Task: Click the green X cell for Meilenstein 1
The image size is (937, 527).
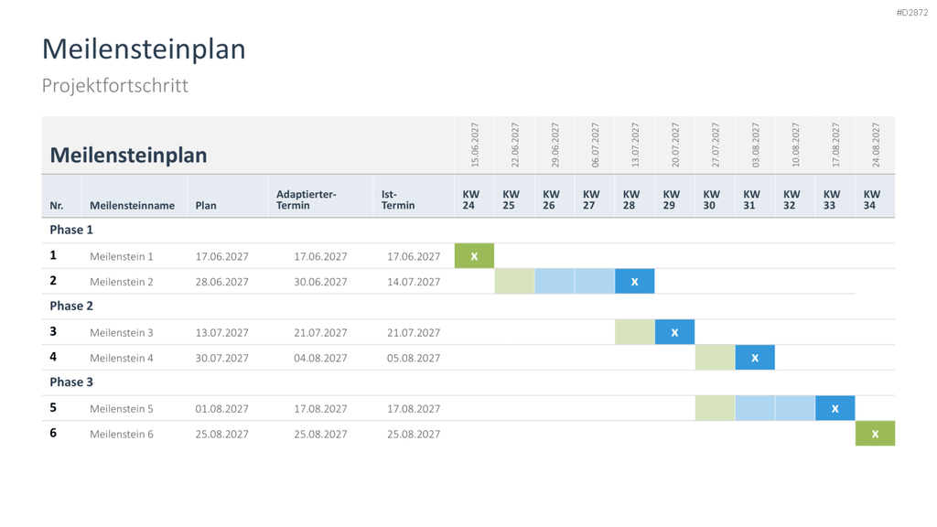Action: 475,256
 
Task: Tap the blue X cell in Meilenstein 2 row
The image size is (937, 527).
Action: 635,282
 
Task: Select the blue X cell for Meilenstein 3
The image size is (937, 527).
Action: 674,332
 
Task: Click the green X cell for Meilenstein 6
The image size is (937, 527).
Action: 875,434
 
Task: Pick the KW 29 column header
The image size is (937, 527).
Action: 671,199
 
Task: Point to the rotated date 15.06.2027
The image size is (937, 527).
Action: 475,145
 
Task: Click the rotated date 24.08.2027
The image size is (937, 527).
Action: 876,145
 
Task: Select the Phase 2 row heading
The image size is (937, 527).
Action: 71,306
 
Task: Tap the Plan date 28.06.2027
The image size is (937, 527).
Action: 221,282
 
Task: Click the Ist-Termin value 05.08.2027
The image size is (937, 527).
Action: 414,358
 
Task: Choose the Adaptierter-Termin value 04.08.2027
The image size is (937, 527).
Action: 320,358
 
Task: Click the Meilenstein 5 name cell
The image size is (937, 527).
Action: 122,409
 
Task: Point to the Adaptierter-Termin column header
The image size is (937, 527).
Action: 306,199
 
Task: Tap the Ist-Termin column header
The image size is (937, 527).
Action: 398,199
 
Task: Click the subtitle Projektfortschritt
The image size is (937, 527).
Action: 114,85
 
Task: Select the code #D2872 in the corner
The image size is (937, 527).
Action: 912,13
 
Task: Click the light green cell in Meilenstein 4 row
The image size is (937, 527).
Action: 715,358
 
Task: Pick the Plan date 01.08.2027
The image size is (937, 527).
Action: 221,409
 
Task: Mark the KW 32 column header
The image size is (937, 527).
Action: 792,199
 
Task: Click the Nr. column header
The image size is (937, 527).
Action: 56,206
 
